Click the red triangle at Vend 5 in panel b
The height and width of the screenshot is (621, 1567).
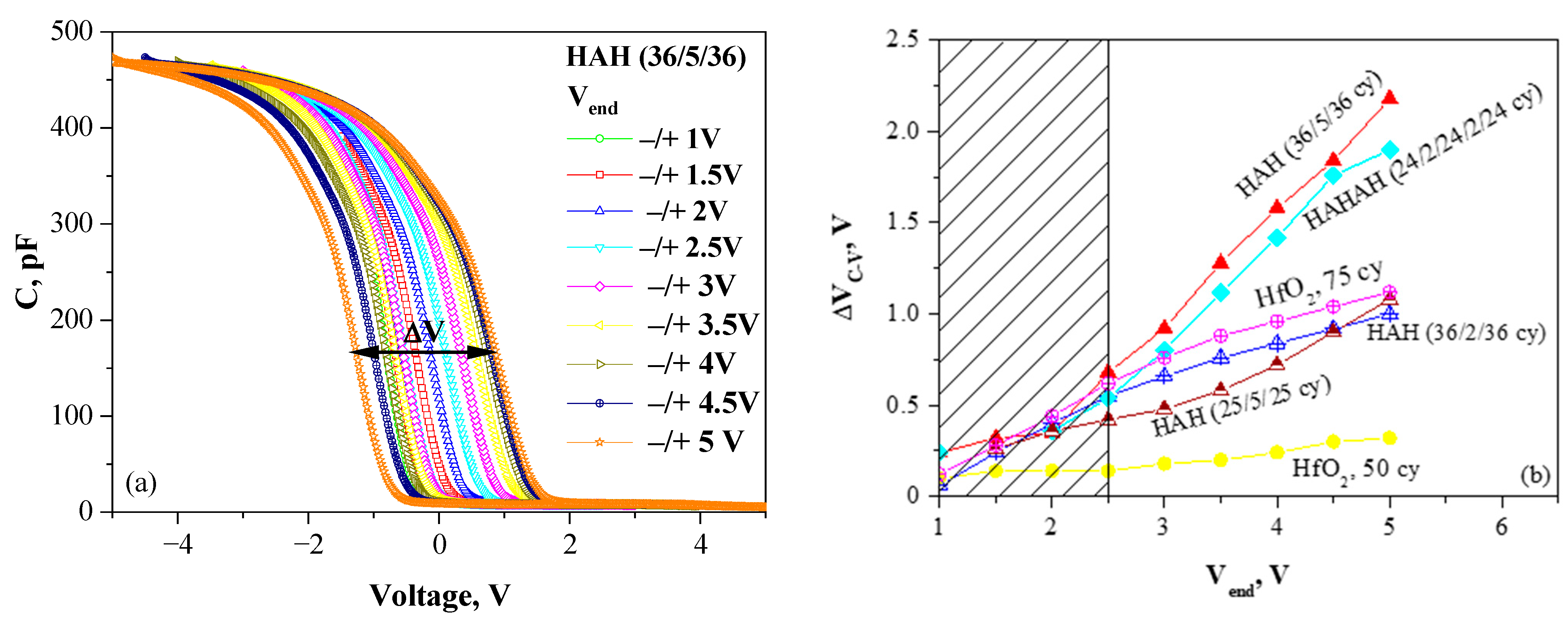[1389, 98]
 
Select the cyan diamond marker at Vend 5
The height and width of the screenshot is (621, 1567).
[1389, 150]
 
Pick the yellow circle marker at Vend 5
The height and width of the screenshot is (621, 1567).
[1389, 438]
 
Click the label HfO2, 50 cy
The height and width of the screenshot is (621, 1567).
[1355, 469]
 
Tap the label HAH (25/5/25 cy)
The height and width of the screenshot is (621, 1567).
[1241, 406]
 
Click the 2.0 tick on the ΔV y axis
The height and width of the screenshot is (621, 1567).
[902, 131]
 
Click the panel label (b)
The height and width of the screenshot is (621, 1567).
[1535, 475]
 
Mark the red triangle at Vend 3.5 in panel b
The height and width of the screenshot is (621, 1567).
[1220, 262]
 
